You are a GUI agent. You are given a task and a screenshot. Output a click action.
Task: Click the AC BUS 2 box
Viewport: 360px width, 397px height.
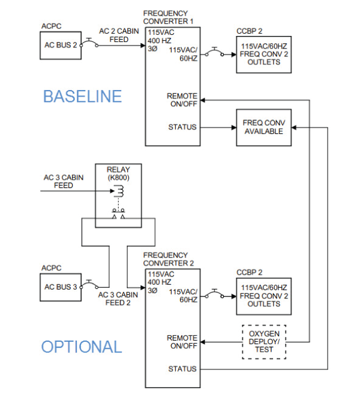[x=61, y=46]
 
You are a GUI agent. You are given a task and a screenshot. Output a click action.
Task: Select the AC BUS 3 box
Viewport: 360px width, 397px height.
[x=61, y=287]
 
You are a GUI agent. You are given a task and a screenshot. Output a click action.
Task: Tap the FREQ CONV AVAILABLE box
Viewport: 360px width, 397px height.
[x=263, y=127]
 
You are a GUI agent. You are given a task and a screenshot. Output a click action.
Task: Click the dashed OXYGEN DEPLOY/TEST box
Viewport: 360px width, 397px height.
[x=264, y=341]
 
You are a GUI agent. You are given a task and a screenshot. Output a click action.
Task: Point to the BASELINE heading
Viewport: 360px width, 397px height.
[x=82, y=96]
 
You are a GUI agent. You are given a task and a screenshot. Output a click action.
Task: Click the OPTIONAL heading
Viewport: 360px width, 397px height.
[x=81, y=347]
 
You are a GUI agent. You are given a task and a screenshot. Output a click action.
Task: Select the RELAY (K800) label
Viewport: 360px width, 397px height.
[x=118, y=174]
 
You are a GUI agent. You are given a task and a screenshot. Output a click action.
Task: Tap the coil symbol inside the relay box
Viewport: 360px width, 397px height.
[x=119, y=191]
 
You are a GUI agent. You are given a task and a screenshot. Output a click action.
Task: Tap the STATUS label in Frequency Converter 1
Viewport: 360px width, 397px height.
[x=182, y=127]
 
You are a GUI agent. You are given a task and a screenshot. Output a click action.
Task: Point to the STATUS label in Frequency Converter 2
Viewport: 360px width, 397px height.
[x=182, y=369]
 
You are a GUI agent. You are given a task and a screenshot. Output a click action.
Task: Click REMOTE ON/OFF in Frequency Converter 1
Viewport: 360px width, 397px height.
[x=182, y=100]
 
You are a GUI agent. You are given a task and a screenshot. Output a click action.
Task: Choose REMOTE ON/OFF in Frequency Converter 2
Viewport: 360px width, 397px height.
[x=182, y=342]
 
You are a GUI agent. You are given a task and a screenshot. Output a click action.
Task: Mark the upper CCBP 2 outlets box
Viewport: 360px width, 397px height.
[x=263, y=53]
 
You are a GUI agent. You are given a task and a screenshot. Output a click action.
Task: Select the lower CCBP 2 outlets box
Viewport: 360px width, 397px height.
[x=263, y=296]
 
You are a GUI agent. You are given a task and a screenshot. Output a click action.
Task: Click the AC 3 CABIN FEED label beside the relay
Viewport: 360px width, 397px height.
[x=63, y=182]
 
